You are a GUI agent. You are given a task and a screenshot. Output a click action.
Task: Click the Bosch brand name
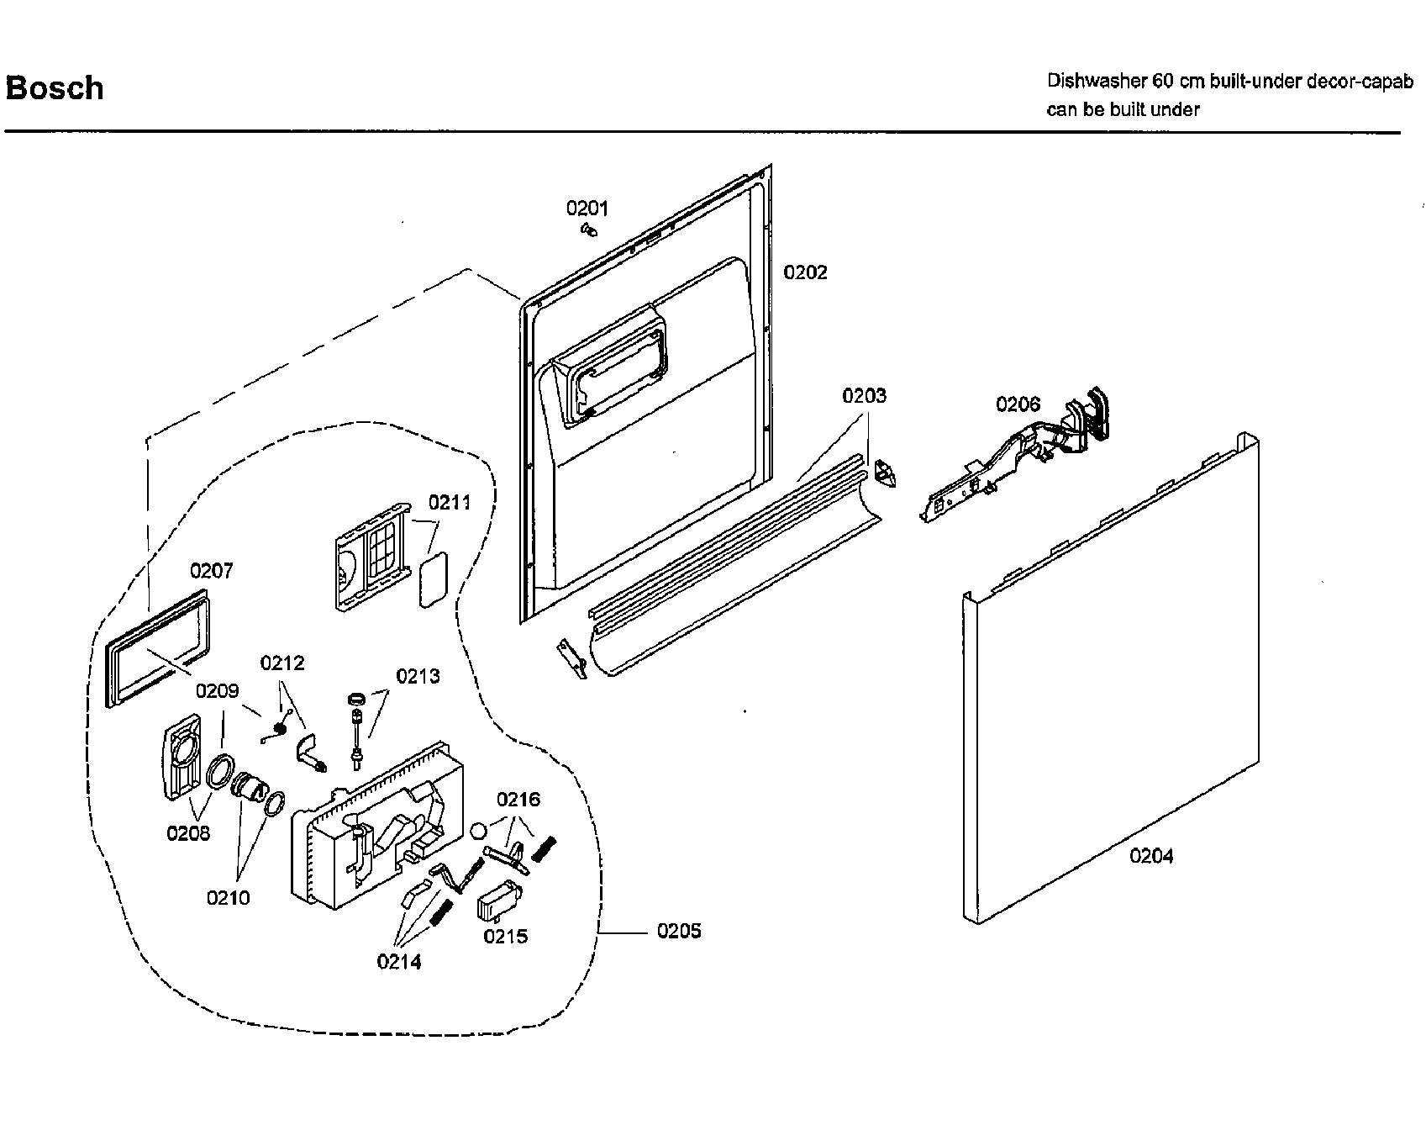tap(55, 88)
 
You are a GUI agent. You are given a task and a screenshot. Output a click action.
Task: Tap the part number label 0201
tap(587, 209)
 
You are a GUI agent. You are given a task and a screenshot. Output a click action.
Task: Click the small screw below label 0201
tap(589, 230)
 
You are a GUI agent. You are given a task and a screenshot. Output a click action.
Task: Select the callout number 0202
tap(805, 272)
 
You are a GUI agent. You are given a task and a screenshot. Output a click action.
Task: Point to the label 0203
tap(864, 396)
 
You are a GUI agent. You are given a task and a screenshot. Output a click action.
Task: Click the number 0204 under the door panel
tap(1151, 856)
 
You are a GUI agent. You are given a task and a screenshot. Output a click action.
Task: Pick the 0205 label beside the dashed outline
tap(679, 932)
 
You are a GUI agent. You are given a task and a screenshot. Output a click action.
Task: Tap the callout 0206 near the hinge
tap(1018, 405)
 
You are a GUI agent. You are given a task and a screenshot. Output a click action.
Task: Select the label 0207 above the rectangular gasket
tap(211, 572)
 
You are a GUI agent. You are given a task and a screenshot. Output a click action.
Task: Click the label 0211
tap(450, 503)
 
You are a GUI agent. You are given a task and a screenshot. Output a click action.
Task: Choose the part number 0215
tap(505, 937)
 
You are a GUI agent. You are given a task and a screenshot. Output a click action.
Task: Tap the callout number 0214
tap(399, 962)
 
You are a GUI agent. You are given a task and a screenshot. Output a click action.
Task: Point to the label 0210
tap(228, 898)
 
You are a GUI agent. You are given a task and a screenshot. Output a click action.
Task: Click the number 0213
tap(418, 676)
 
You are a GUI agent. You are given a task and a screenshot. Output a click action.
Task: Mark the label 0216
tap(518, 800)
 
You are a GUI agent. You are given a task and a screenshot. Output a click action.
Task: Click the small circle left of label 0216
tap(478, 831)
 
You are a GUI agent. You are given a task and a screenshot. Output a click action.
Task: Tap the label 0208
tap(188, 833)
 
